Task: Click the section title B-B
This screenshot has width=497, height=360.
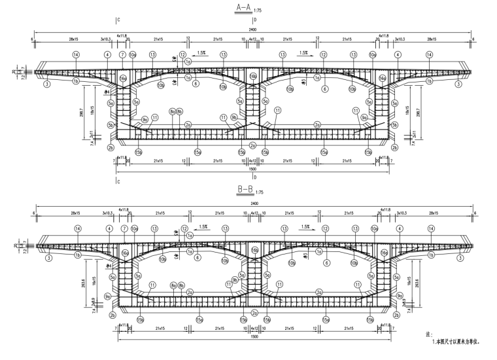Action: click(245, 190)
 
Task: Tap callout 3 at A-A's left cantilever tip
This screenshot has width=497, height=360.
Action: click(47, 84)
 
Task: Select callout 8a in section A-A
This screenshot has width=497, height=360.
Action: click(173, 112)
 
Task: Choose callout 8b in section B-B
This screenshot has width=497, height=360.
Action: click(180, 285)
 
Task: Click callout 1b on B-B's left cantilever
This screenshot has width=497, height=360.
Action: click(77, 255)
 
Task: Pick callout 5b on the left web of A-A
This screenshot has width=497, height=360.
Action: click(111, 124)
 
